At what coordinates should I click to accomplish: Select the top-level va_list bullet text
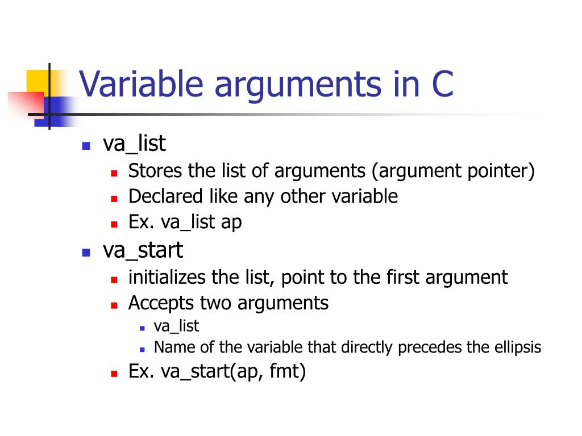point(134,144)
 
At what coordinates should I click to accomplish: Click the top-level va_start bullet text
point(143,250)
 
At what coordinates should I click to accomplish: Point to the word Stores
point(148,170)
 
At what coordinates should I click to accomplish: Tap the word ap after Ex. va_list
point(231,222)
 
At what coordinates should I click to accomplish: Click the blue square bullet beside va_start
point(86,251)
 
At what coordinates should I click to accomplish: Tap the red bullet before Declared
point(114,199)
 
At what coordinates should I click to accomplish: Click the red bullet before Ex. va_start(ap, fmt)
point(114,374)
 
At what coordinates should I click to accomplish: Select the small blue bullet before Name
point(142,349)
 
